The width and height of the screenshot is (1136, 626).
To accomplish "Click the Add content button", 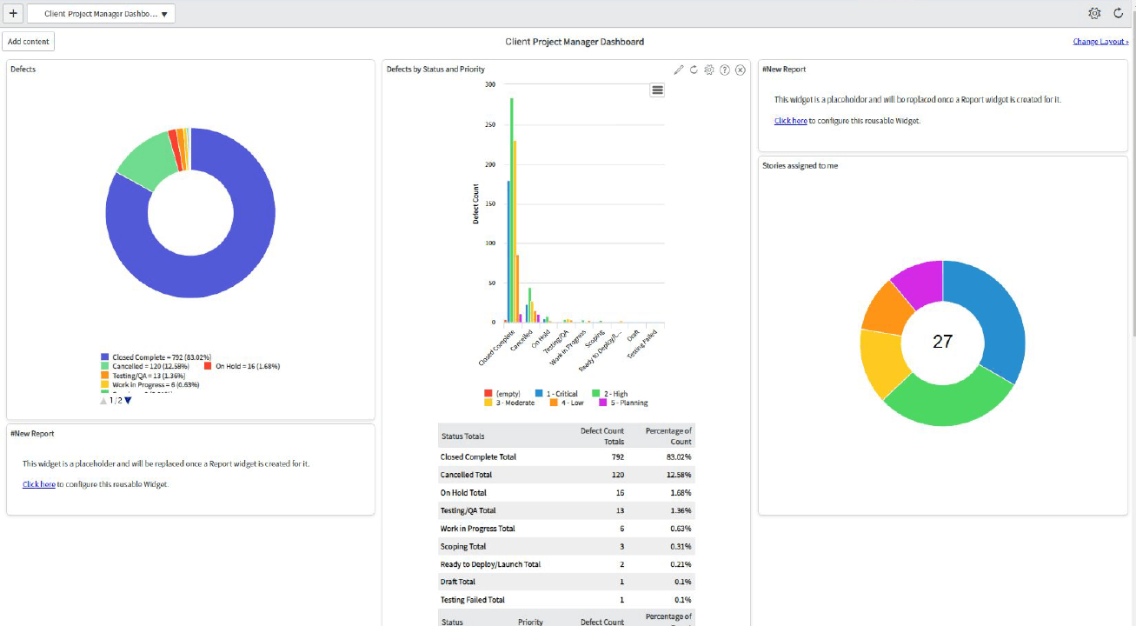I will [29, 42].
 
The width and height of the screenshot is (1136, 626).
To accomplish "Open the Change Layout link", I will [1099, 42].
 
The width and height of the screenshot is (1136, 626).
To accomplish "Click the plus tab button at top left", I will [13, 13].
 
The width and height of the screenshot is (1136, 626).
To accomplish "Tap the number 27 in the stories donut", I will [942, 342].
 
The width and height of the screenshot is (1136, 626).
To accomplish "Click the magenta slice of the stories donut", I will [914, 283].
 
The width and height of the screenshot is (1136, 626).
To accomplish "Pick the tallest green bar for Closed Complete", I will [511, 209].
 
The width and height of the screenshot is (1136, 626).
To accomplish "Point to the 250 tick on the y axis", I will [489, 124].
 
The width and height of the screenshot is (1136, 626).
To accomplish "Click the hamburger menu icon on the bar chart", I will [657, 90].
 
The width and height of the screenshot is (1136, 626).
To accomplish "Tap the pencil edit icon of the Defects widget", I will [679, 70].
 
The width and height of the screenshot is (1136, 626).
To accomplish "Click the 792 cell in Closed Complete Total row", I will [617, 456].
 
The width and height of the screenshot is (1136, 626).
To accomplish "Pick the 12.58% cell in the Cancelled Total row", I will [680, 475].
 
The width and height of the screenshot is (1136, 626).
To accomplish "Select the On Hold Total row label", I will [463, 493].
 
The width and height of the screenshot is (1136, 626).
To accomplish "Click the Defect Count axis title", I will [476, 204].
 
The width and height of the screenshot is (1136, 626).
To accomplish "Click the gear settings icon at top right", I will [1094, 13].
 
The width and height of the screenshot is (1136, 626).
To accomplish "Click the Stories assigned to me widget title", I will [800, 165].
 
